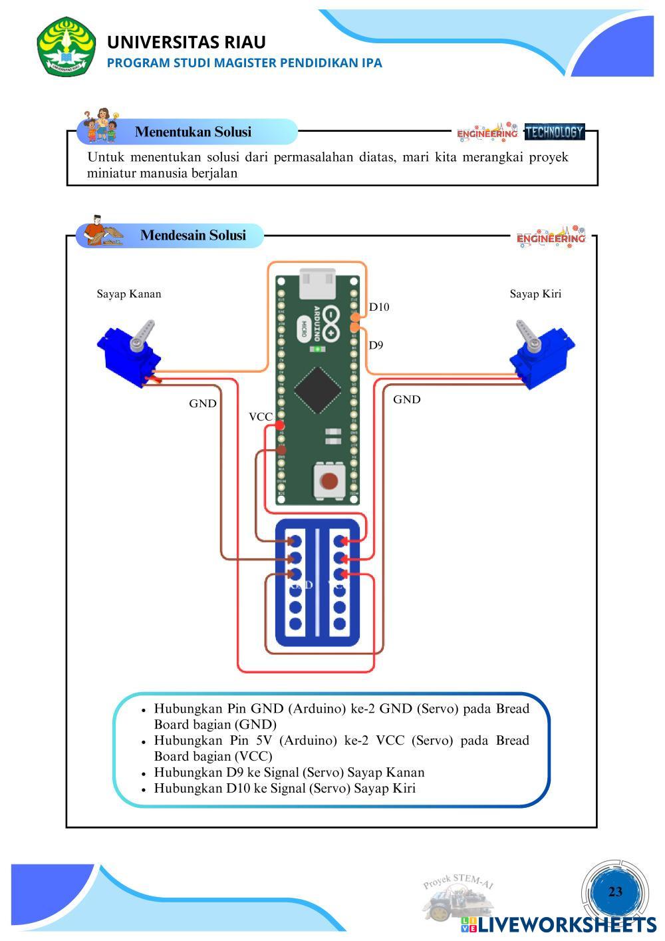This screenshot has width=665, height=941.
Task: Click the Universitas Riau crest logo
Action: pyautogui.click(x=67, y=47)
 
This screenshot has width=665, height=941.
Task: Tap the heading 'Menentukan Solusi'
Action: pyautogui.click(x=193, y=132)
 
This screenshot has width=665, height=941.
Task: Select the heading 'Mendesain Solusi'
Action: pyautogui.click(x=193, y=235)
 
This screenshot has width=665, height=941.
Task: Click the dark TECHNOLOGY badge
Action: pyautogui.click(x=554, y=132)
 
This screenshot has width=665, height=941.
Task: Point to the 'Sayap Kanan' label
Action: pyautogui.click(x=129, y=293)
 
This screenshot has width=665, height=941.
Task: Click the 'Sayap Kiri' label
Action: pyautogui.click(x=535, y=293)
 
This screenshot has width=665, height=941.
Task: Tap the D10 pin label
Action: pyautogui.click(x=379, y=307)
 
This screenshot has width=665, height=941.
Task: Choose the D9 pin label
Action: pyautogui.click(x=376, y=345)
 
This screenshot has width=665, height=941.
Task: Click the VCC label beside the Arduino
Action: pyautogui.click(x=261, y=417)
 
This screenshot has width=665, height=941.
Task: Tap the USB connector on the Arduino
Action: pyautogui.click(x=318, y=283)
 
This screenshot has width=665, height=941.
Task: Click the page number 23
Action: pyautogui.click(x=615, y=892)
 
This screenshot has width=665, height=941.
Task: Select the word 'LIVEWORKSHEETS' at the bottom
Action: pyautogui.click(x=567, y=924)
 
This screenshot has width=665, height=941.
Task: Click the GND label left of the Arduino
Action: pyautogui.click(x=202, y=403)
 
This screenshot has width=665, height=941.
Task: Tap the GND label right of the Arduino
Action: pyautogui.click(x=406, y=399)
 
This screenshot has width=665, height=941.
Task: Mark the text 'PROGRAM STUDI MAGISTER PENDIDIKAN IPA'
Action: pyautogui.click(x=245, y=63)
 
